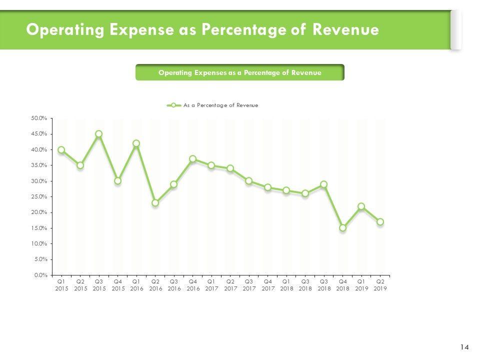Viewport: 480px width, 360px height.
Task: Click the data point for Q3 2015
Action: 99,134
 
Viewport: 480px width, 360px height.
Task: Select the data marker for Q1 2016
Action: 136,143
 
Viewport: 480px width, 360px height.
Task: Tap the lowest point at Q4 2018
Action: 342,228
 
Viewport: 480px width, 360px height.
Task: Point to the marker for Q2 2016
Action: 155,203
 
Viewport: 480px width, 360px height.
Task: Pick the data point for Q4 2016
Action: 192,159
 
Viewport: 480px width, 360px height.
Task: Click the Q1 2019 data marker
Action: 361,206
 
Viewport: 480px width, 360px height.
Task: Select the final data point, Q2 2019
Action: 380,221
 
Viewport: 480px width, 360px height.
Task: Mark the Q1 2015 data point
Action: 61,149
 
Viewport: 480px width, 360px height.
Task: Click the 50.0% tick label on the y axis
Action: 39,118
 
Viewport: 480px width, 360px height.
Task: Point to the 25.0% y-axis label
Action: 39,196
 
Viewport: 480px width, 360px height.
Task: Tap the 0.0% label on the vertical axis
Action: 40,275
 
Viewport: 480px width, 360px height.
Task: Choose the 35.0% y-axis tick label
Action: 39,165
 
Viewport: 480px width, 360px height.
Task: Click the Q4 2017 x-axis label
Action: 267,285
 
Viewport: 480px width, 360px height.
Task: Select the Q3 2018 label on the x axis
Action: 323,285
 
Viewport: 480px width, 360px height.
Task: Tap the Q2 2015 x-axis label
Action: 80,285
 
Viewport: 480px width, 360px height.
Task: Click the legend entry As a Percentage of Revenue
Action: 220,105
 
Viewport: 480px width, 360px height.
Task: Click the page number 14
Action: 464,347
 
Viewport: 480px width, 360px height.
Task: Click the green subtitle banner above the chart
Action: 239,72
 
